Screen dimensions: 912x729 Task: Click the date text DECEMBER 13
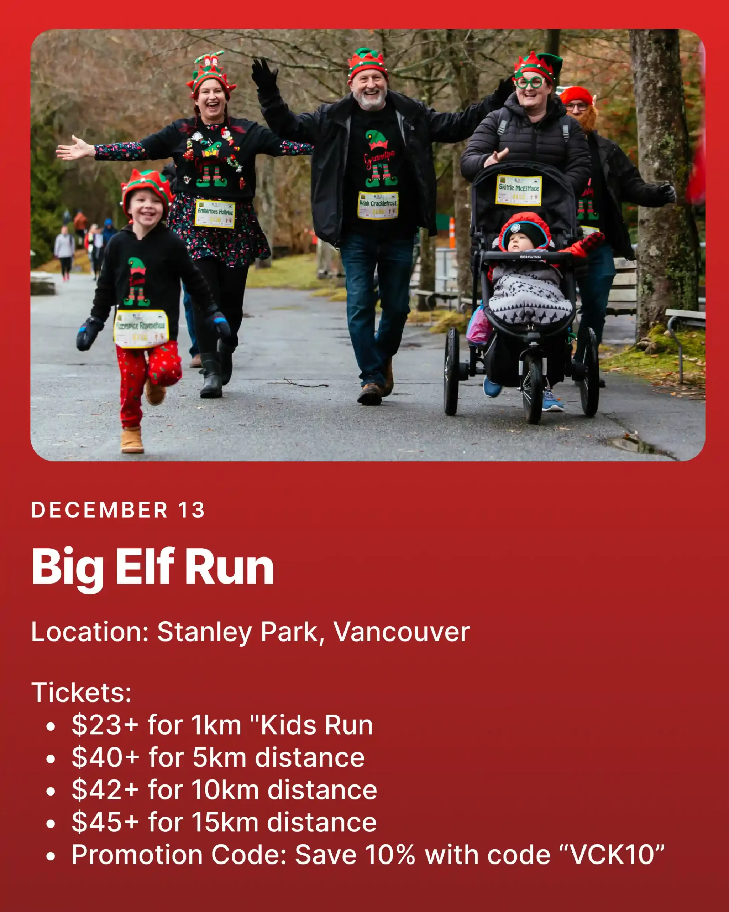click(x=118, y=510)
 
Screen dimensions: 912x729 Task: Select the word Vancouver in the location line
click(x=401, y=632)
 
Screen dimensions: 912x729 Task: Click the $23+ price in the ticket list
click(x=105, y=725)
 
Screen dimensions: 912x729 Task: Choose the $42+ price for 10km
click(x=106, y=790)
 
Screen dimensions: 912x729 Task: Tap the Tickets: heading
click(x=82, y=693)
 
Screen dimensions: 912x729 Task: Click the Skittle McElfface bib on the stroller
click(x=519, y=190)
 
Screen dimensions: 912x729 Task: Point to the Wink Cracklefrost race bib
click(x=378, y=205)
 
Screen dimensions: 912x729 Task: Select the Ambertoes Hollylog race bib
click(x=215, y=214)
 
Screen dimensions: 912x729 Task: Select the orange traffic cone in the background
click(x=452, y=232)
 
